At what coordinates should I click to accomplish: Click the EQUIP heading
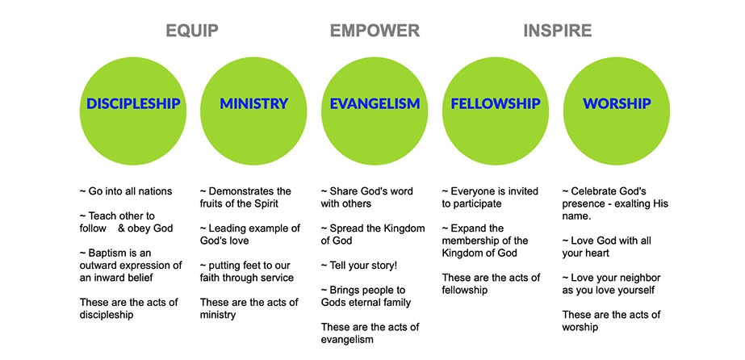coord(192,31)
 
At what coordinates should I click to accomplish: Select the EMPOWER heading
coord(375,31)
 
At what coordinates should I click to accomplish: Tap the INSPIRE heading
coord(557,31)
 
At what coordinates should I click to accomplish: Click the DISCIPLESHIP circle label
coord(133,103)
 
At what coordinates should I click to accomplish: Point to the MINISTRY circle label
coord(253,103)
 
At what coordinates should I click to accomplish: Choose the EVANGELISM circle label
coord(375,103)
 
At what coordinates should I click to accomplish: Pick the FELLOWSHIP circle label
coord(496,103)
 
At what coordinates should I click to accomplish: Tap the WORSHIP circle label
coord(617,103)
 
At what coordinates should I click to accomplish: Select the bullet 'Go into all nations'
coord(126,191)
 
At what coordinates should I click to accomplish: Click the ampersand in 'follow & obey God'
coord(121,228)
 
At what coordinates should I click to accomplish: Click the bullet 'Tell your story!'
coord(359,266)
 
